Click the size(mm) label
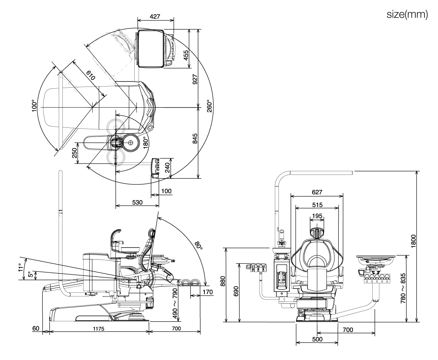(x=407, y=14)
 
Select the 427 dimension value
(x=155, y=16)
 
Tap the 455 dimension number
(x=186, y=55)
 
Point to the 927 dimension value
(x=195, y=79)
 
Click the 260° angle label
(x=210, y=106)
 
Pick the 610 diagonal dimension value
(x=91, y=75)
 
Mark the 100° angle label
(x=34, y=106)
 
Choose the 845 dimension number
(x=195, y=138)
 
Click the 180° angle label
(x=146, y=142)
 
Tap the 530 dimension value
(x=137, y=202)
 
